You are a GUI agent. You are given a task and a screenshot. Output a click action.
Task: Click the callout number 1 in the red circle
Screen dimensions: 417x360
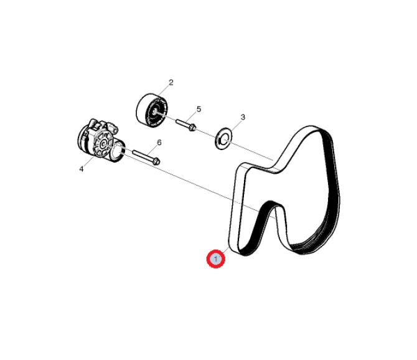click(x=216, y=258)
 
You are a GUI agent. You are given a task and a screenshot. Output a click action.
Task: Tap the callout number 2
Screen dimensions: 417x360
click(x=171, y=82)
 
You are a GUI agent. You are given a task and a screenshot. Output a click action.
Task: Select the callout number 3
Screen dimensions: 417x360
click(x=243, y=117)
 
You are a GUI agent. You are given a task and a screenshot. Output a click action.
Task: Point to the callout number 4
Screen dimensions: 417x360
click(x=82, y=169)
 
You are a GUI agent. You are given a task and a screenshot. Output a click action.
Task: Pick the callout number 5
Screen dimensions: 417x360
click(x=199, y=109)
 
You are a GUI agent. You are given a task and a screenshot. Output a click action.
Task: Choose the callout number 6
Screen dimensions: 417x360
click(x=159, y=143)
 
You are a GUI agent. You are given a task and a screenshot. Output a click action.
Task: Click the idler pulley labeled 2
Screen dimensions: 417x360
click(x=152, y=110)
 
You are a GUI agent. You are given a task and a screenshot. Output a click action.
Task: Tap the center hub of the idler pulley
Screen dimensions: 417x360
click(x=155, y=112)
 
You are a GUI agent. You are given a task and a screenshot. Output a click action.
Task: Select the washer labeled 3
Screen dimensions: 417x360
click(x=223, y=138)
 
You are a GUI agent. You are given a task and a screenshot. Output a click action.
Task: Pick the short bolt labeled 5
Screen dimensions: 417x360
click(x=185, y=125)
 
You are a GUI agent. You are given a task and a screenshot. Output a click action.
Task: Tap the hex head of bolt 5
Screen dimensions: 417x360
click(x=192, y=128)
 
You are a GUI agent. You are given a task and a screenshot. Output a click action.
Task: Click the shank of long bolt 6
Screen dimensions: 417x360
click(x=143, y=156)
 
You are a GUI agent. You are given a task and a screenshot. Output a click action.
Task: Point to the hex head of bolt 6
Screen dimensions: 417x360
click(x=156, y=161)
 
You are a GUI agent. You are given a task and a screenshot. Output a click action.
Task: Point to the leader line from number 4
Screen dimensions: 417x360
click(x=89, y=161)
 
